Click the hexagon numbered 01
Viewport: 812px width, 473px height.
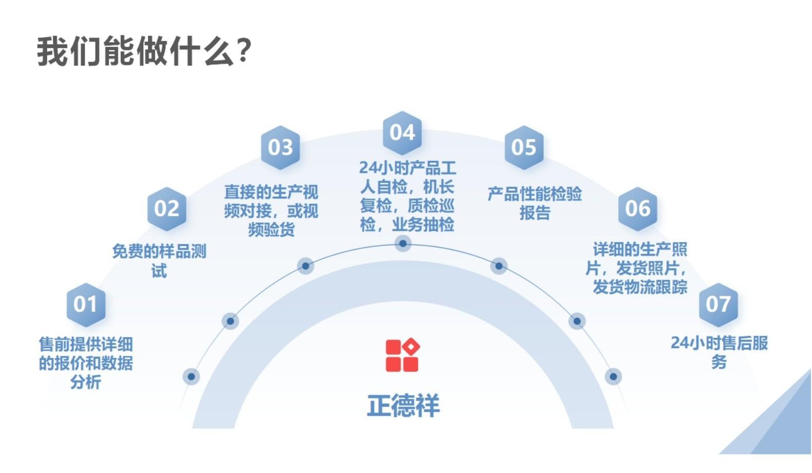[x=86, y=304]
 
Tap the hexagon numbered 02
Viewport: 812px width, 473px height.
[x=167, y=209]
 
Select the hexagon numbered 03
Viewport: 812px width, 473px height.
[x=280, y=148]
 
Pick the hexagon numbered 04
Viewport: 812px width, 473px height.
[x=402, y=133]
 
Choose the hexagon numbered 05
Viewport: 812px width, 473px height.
[x=524, y=148]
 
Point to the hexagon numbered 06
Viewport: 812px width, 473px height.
[x=637, y=209]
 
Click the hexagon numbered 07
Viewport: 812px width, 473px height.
[x=718, y=304]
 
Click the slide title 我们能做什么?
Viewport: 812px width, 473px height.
[x=144, y=51]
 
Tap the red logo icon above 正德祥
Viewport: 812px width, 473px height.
[x=402, y=355]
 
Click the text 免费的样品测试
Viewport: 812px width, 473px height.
[x=159, y=261]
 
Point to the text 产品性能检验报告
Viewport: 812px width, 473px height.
[x=534, y=203]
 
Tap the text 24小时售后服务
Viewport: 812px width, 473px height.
[x=719, y=352]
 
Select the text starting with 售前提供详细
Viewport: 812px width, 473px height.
[x=86, y=363]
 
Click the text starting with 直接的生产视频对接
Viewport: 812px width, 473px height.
[x=271, y=211]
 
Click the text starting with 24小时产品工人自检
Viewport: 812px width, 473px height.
[x=407, y=196]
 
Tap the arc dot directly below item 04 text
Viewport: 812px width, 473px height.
[x=402, y=243]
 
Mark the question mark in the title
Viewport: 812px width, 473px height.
[x=245, y=51]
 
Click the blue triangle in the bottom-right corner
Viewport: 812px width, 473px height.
[x=781, y=427]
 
